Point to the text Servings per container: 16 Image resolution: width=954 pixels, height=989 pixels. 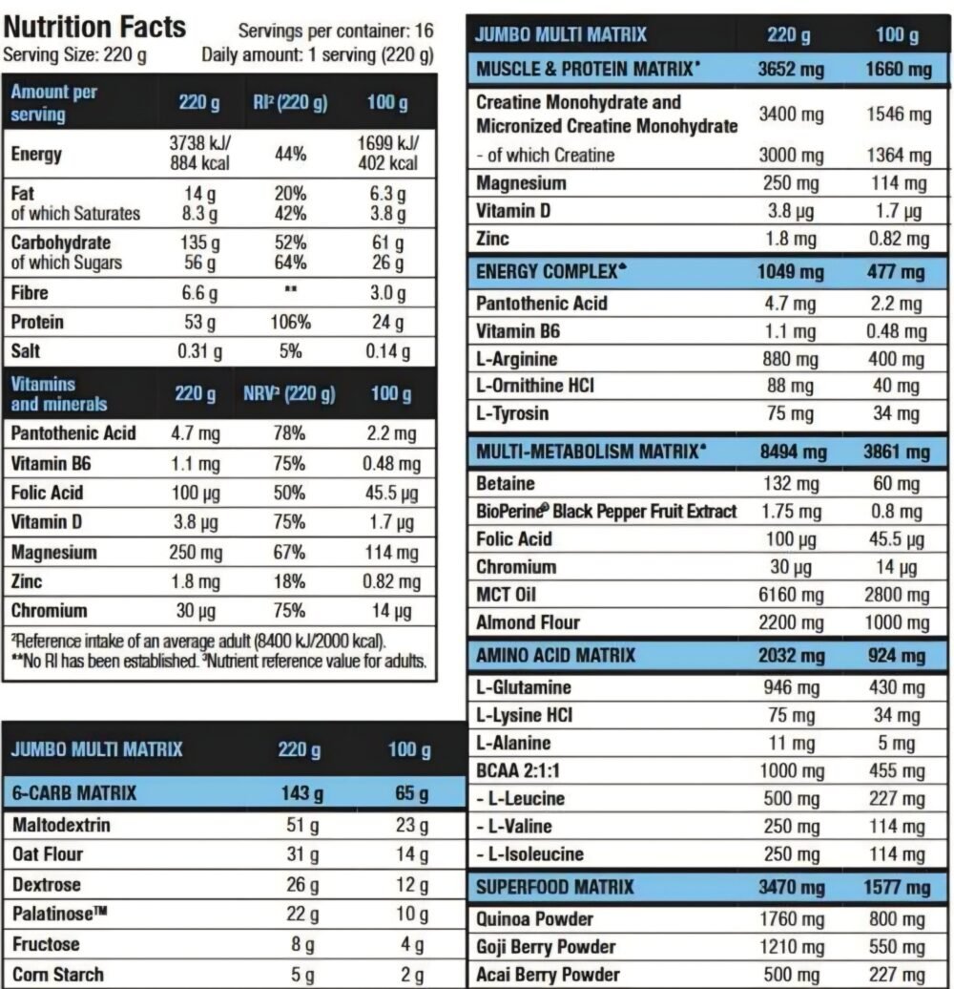(x=335, y=31)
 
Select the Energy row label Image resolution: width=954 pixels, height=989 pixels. (x=36, y=154)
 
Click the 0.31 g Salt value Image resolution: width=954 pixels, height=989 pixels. (x=200, y=351)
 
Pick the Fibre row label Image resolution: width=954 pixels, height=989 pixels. (x=30, y=293)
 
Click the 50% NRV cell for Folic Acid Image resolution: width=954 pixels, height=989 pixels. (x=290, y=493)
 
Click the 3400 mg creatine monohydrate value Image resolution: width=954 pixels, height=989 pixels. (x=791, y=115)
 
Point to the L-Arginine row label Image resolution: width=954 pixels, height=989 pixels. (x=516, y=359)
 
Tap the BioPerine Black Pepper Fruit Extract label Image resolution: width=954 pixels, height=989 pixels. (x=606, y=511)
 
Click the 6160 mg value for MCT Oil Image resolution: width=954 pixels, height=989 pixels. (x=791, y=595)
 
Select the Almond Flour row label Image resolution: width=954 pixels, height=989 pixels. (x=528, y=622)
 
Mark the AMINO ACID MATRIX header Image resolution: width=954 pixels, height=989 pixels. (x=555, y=656)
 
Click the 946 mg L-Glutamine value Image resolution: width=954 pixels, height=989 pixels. (x=791, y=687)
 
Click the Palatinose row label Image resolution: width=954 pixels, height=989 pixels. (x=59, y=914)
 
